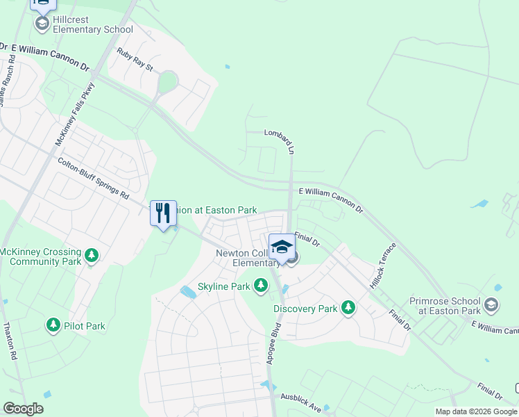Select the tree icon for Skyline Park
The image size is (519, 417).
click(x=261, y=285)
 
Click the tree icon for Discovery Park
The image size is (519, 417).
click(x=348, y=307)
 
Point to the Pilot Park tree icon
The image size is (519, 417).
click(x=53, y=325)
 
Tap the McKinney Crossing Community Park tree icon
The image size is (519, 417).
click(x=91, y=256)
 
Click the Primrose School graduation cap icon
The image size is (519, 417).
click(x=491, y=304)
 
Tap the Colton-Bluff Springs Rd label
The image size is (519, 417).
click(x=93, y=179)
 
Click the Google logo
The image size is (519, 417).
click(x=23, y=409)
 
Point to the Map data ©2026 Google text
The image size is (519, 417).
click(x=476, y=411)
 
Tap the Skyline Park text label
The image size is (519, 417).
click(x=223, y=286)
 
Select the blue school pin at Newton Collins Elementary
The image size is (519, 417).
click(x=282, y=249)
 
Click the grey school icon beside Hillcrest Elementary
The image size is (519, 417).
click(x=42, y=24)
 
